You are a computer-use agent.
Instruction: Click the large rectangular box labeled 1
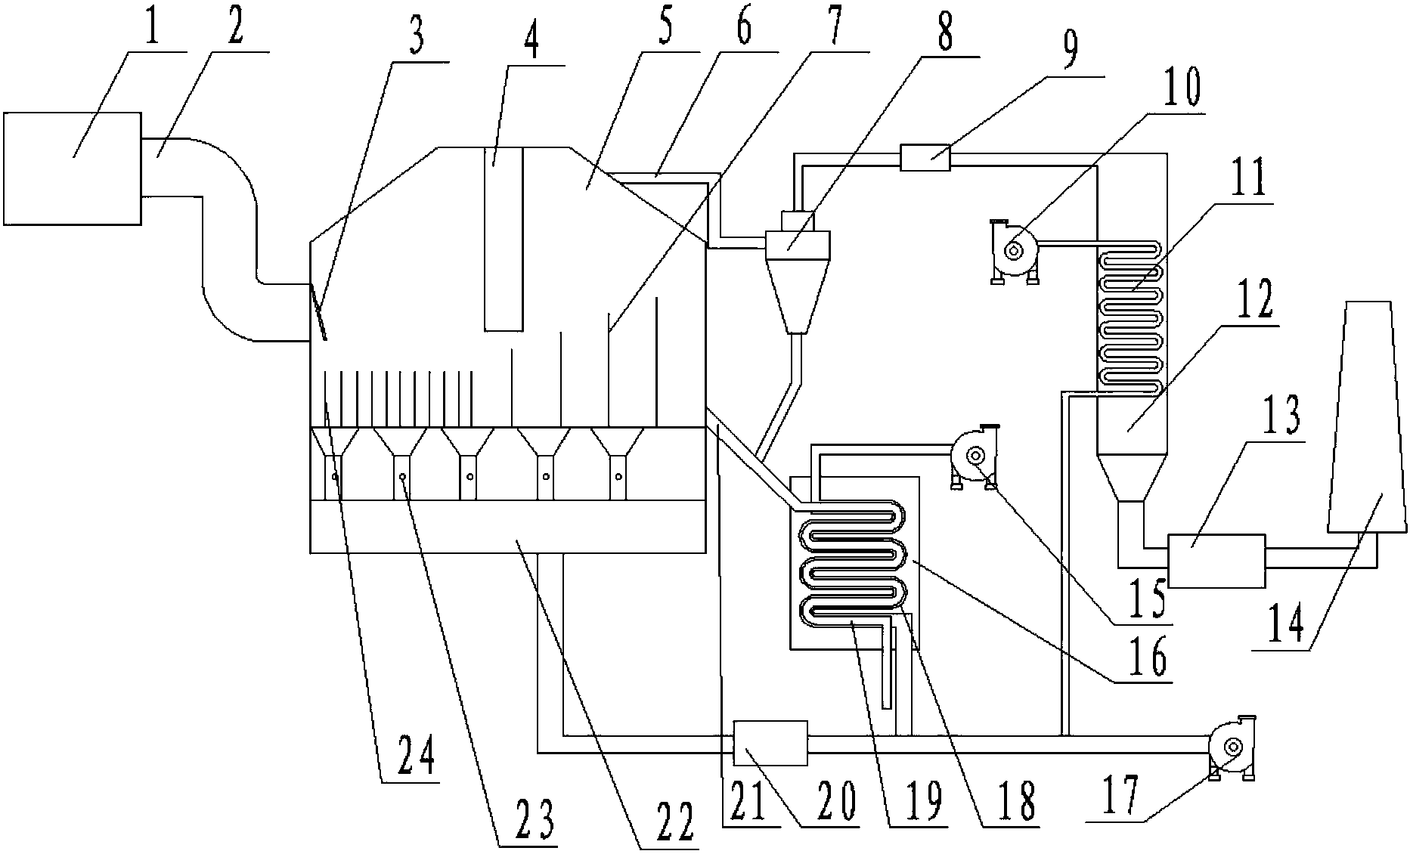pos(72,169)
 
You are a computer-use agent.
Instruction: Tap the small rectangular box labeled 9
pos(925,158)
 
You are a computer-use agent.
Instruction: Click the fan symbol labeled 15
pos(975,456)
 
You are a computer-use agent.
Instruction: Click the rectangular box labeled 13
pos(1216,561)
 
